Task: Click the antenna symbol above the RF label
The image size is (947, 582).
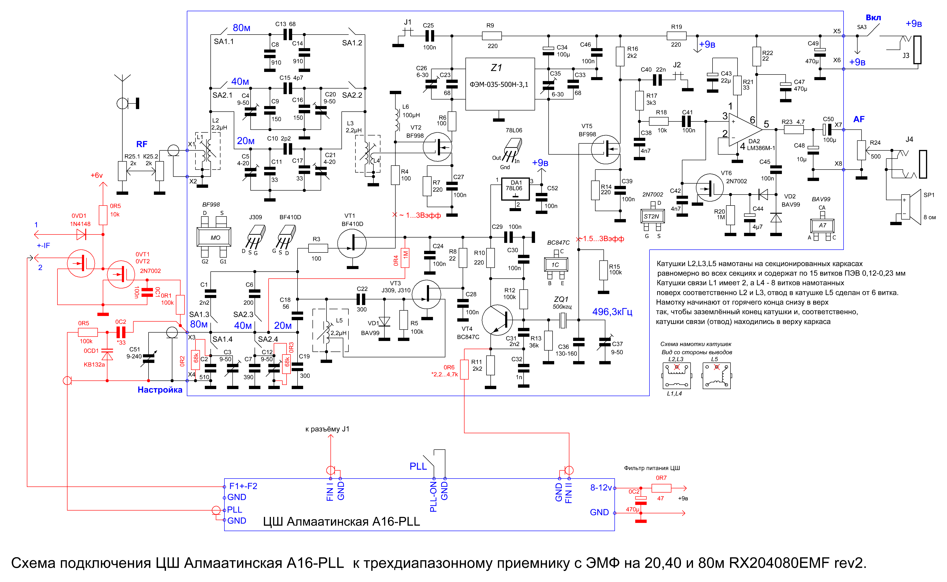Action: pyautogui.click(x=123, y=79)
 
